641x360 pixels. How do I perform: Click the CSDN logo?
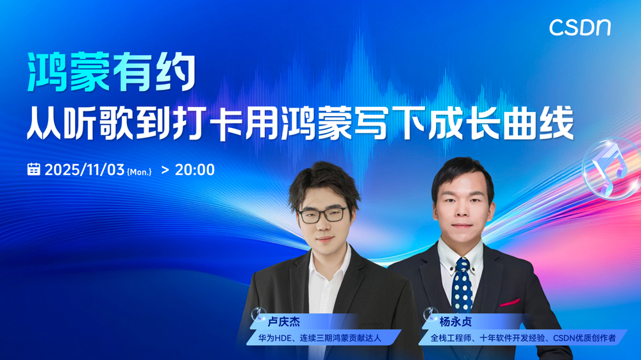pyautogui.click(x=579, y=28)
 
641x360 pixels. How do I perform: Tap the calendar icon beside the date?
pyautogui.click(x=33, y=169)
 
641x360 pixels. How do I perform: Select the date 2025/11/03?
pyautogui.click(x=84, y=170)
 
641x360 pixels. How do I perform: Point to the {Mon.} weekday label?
pyautogui.click(x=139, y=172)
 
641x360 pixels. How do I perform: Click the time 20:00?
pyautogui.click(x=195, y=170)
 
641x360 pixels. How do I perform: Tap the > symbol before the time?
pyautogui.click(x=165, y=170)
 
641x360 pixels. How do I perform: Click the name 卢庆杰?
pyautogui.click(x=284, y=322)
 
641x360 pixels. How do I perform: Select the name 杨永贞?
pyautogui.click(x=455, y=322)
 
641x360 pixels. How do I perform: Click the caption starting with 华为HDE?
pyautogui.click(x=320, y=338)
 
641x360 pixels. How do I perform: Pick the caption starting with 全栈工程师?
pyautogui.click(x=523, y=338)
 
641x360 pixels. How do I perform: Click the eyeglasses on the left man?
pyautogui.click(x=322, y=215)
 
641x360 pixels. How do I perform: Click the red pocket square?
pyautogui.click(x=510, y=302)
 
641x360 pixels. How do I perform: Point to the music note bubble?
pyautogui.click(x=610, y=168)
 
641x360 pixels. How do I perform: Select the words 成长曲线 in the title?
pyautogui.click(x=501, y=123)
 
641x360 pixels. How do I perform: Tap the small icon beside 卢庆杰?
pyautogui.click(x=258, y=314)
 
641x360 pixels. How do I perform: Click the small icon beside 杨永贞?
pyautogui.click(x=430, y=314)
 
